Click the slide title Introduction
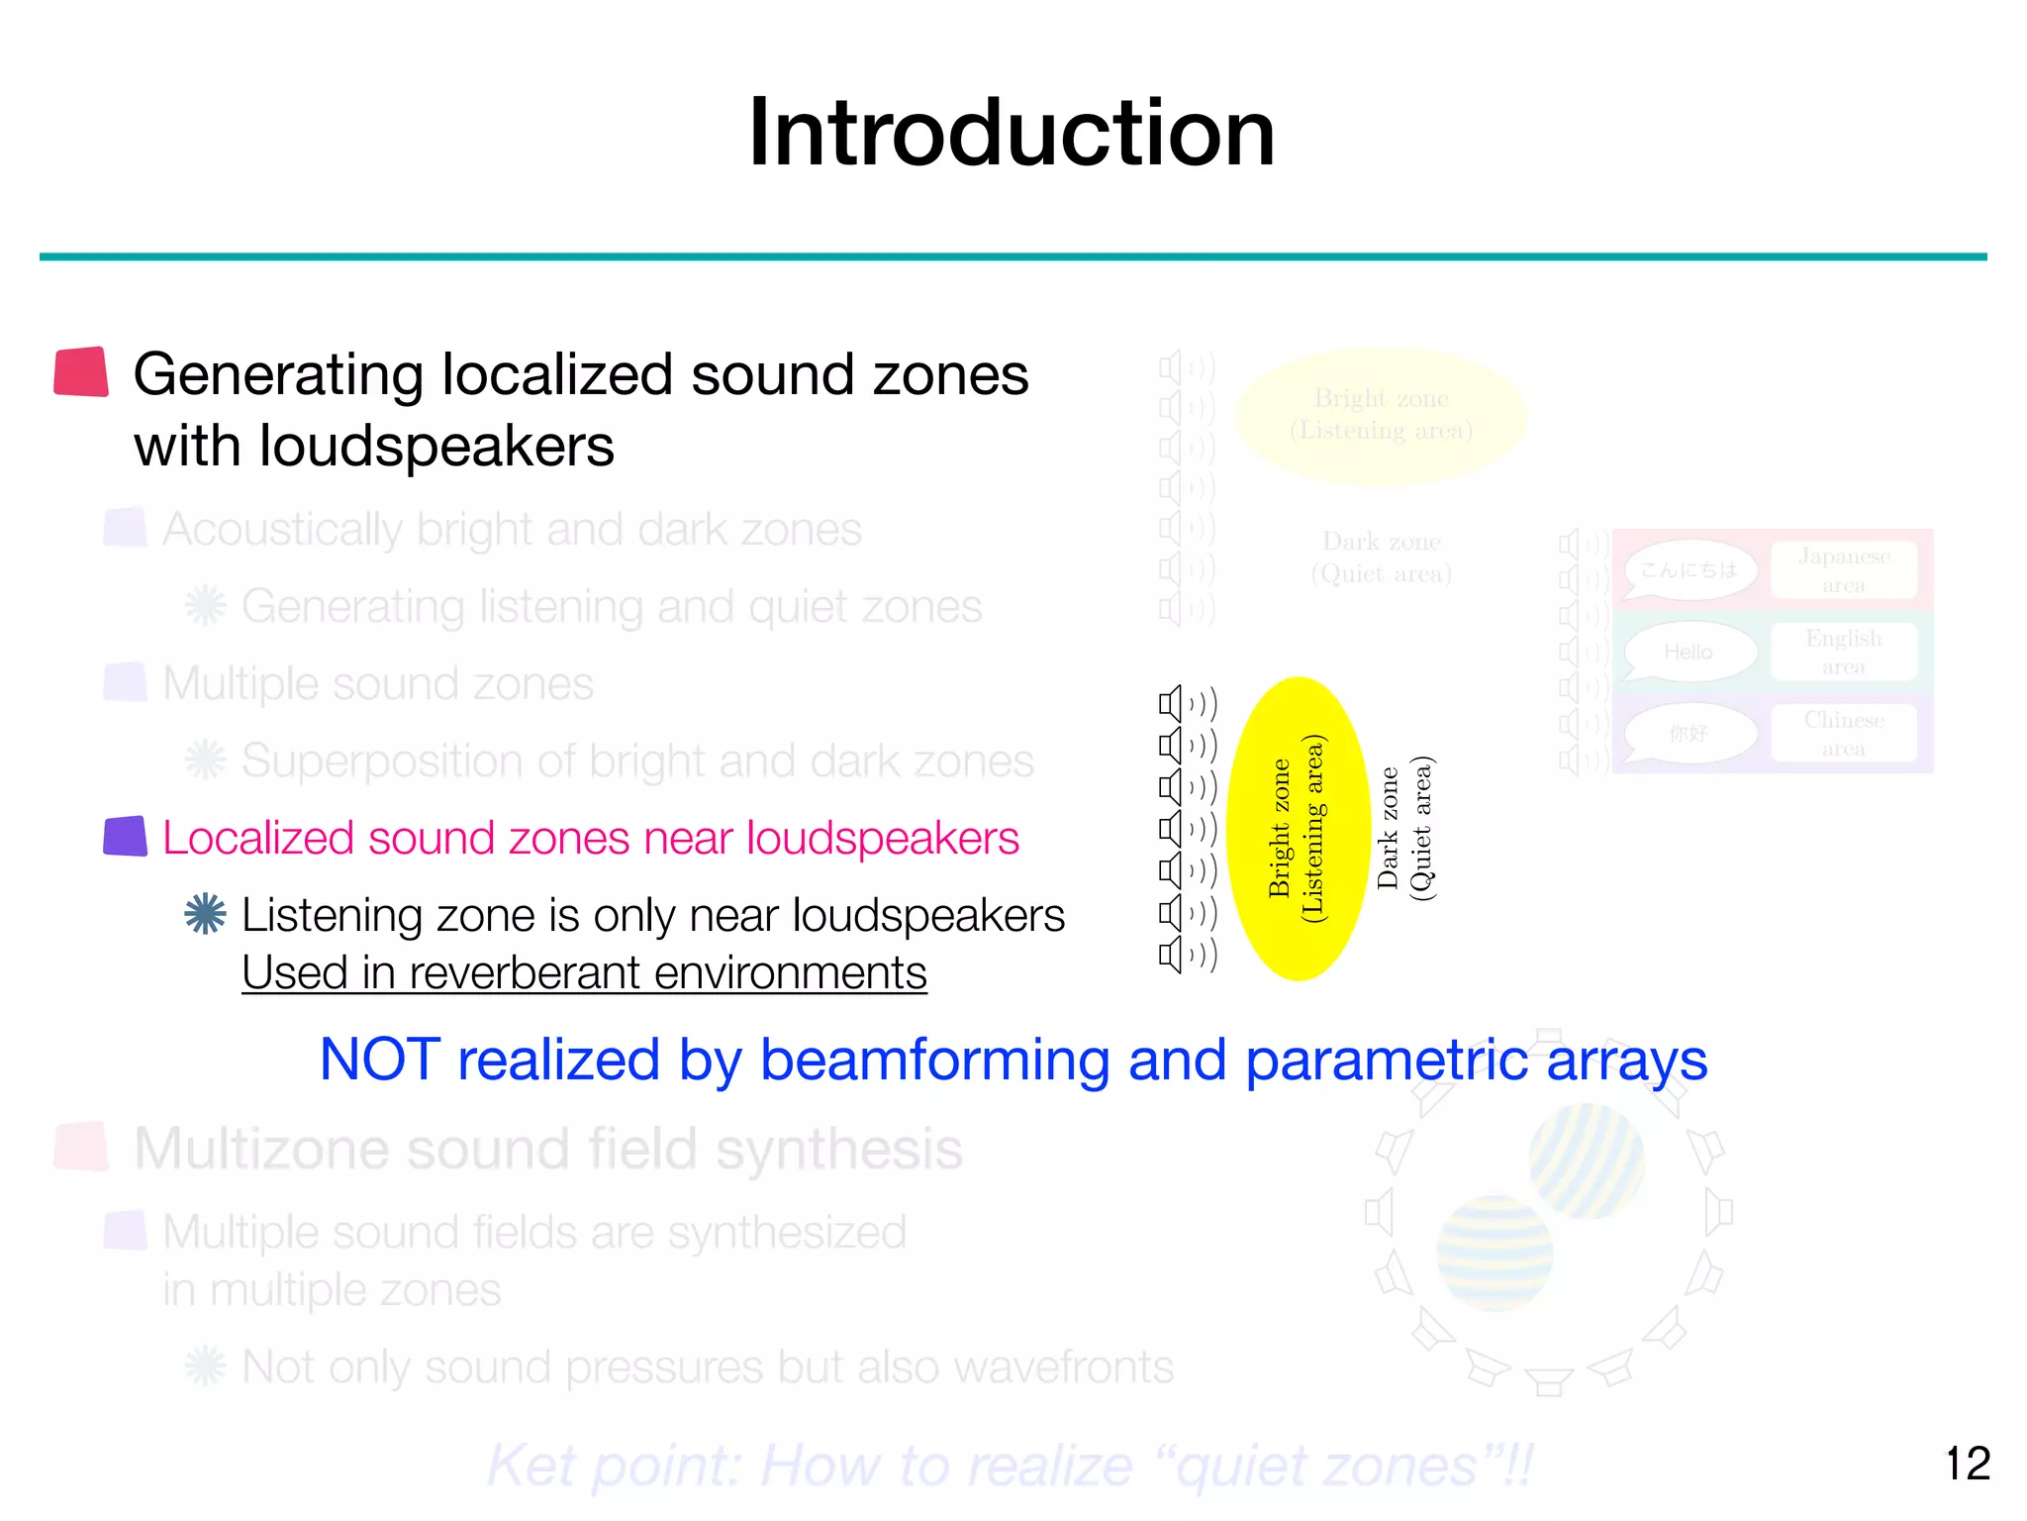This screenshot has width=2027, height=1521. (1012, 133)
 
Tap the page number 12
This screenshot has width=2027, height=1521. (1967, 1464)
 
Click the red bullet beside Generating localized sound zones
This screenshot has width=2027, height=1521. (81, 372)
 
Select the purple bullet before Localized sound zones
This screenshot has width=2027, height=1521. (126, 837)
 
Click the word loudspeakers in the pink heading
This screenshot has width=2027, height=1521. (882, 838)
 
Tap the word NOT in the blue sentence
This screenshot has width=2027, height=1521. (379, 1060)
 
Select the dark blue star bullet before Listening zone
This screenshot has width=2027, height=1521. (205, 914)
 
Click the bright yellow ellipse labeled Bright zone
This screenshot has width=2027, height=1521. (1298, 829)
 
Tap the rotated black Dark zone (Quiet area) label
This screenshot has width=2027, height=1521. (1404, 829)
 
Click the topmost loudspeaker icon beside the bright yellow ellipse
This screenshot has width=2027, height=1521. (1172, 704)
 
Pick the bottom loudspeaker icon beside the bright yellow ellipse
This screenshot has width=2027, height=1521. (1172, 955)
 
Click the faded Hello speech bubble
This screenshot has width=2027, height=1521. (1689, 653)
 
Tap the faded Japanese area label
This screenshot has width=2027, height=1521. (1843, 570)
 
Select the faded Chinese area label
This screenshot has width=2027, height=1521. (1843, 734)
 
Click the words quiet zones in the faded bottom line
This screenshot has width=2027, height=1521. (1326, 1466)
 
